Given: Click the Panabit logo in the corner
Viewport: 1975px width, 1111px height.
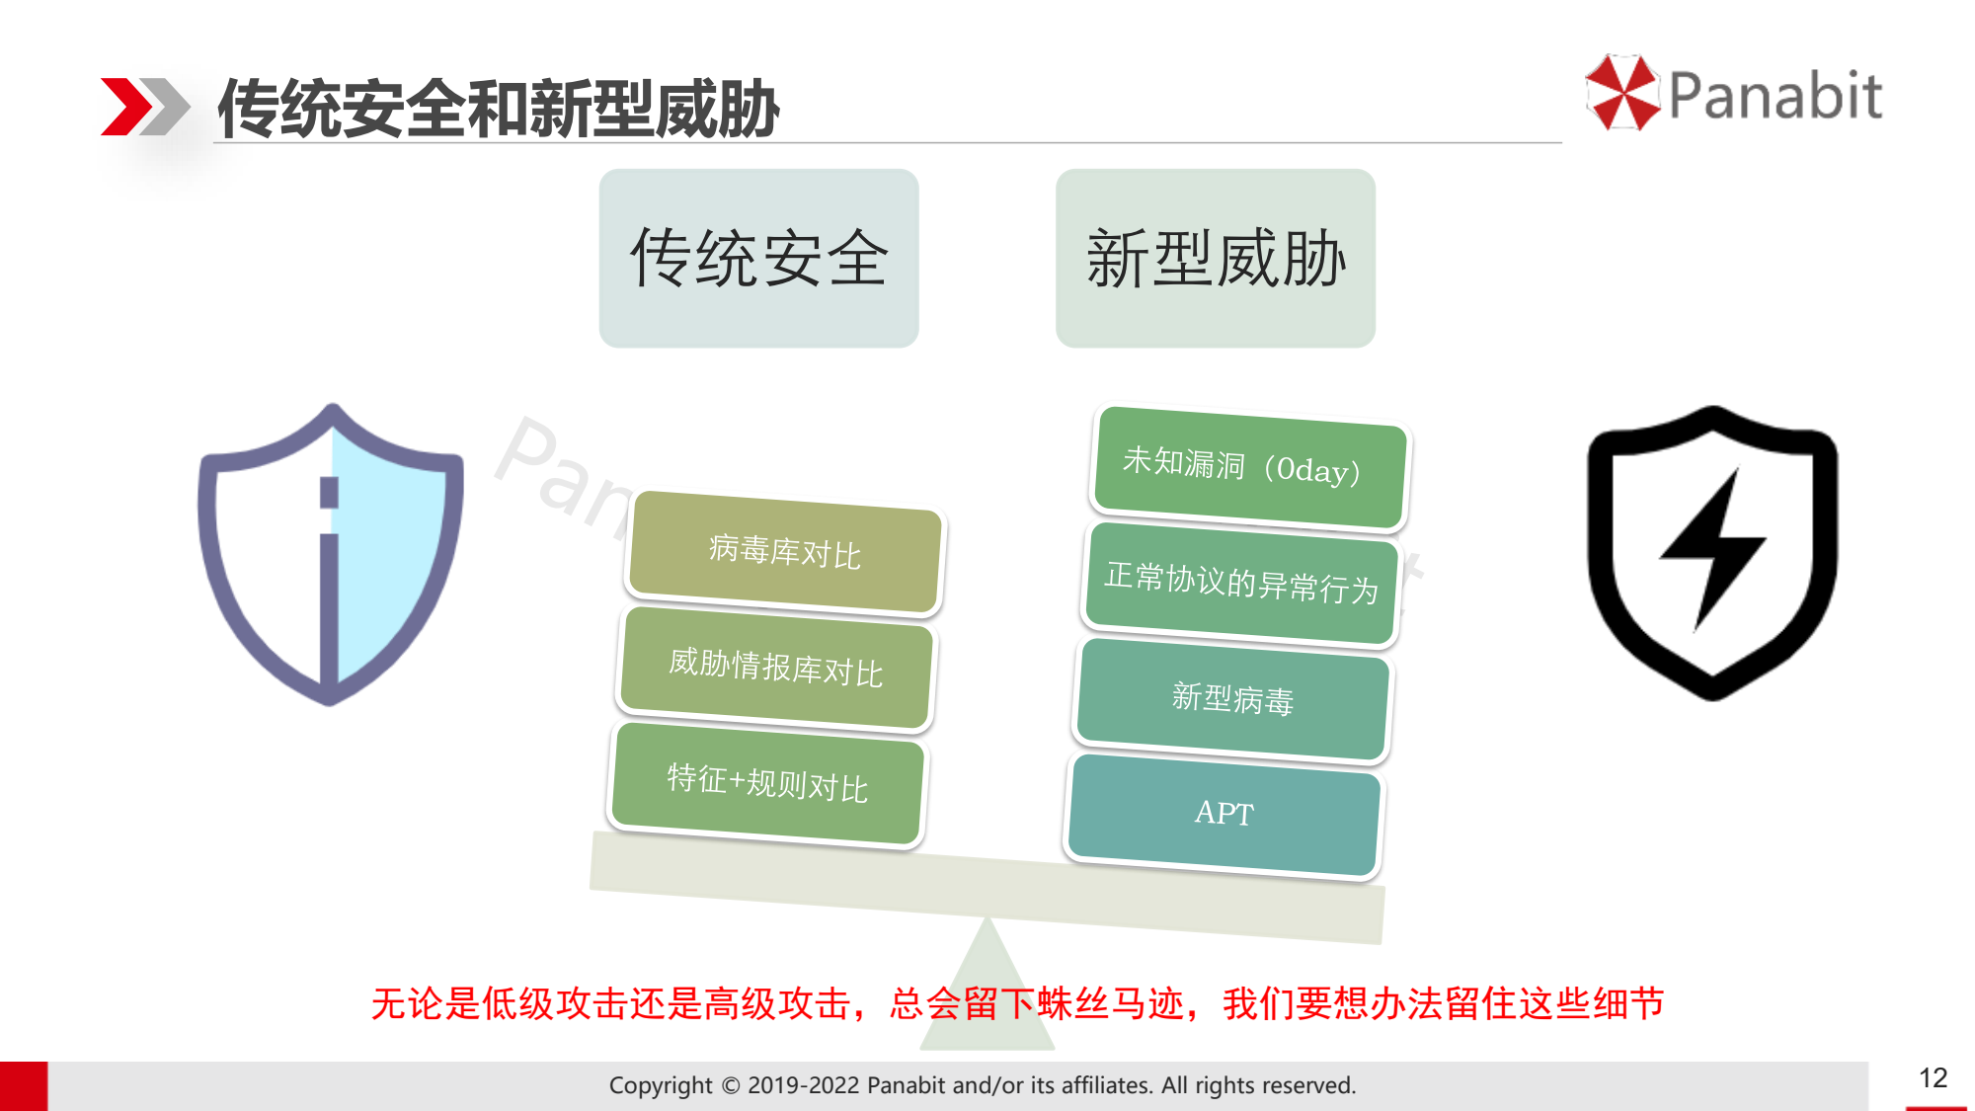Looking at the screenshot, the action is (x=1733, y=94).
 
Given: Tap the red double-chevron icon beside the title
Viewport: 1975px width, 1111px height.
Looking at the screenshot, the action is (x=145, y=107).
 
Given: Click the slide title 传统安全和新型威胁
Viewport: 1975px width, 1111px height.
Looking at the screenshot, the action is (x=499, y=108).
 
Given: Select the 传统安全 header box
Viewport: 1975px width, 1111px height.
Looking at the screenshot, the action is (x=758, y=258).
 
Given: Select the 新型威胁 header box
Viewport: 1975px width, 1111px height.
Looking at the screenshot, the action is (x=1216, y=258).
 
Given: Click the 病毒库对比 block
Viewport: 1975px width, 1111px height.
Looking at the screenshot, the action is (x=785, y=552).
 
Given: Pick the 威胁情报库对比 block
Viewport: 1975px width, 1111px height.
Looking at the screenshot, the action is (x=776, y=668).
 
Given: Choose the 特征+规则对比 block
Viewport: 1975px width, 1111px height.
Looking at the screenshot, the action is (x=767, y=783).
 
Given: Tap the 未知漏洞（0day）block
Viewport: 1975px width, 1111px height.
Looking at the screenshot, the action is (x=1250, y=467).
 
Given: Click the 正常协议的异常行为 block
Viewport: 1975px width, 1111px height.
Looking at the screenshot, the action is (x=1241, y=583).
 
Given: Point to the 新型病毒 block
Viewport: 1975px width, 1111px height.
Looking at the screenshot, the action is (x=1232, y=699).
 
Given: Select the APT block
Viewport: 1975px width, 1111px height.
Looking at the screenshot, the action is (x=1224, y=815).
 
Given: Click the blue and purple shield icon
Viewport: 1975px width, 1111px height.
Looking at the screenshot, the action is (x=331, y=554).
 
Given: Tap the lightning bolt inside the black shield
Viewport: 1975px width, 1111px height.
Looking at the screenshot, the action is (x=1712, y=549).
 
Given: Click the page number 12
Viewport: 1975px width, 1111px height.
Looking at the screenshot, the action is (x=1933, y=1077).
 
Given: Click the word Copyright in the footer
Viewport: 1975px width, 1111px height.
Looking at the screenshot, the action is (x=660, y=1085).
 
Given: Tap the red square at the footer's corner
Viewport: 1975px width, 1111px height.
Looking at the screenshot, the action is (x=24, y=1086).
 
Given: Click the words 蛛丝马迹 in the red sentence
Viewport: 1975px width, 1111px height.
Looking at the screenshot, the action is (x=1110, y=1003).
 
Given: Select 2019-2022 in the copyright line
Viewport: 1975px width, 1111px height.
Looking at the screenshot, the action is (x=803, y=1085).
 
